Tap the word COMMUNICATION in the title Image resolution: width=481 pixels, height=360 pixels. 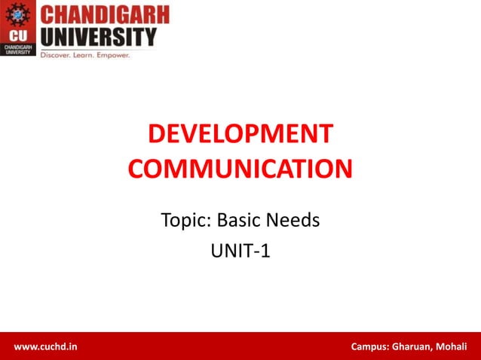[240, 167]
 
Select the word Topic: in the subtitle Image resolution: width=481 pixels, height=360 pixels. [186, 221]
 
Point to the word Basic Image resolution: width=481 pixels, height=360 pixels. [240, 221]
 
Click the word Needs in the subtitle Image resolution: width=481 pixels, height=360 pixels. [295, 221]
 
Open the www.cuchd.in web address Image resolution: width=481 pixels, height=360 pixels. [45, 346]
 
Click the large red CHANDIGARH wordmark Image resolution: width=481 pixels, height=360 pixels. [104, 14]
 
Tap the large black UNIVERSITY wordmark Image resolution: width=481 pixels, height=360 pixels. [98, 36]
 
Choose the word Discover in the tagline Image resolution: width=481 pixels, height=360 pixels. [59, 55]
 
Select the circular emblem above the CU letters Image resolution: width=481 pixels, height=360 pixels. [17, 15]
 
